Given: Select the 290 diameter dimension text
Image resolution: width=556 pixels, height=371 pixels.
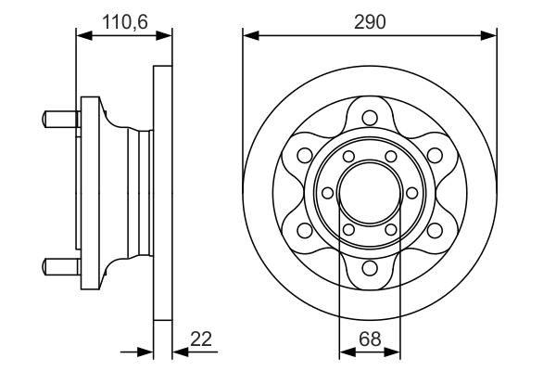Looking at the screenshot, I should coord(370,19).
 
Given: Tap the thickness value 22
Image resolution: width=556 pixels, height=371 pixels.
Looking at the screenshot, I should coord(200,339).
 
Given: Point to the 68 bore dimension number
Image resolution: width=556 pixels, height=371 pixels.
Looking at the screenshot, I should coord(370,339).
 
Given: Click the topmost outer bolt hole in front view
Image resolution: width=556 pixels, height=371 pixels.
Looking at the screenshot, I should coord(370,118).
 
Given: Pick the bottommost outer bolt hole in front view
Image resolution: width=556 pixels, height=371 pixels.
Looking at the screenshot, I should coord(370,269).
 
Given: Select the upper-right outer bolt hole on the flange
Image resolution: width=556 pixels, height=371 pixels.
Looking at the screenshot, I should coord(436,155).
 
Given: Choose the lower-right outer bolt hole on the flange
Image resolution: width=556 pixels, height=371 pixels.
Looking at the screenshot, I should coord(436,231).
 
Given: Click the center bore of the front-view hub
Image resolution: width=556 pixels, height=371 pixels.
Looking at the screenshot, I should coord(370,193).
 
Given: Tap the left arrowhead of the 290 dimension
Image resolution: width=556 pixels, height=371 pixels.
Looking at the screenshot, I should coord(249,36).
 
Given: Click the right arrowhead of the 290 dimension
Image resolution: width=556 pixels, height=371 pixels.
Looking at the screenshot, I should coord(490,36).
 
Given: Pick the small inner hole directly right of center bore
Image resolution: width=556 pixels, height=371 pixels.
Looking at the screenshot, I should coord(411,193).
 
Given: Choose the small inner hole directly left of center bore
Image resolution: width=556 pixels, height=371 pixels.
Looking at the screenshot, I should coord(330,193).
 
